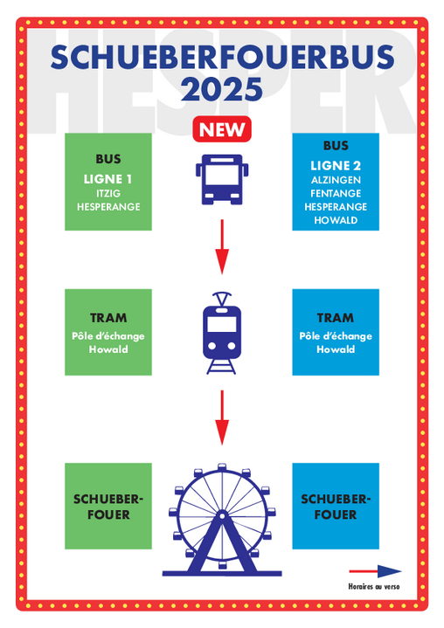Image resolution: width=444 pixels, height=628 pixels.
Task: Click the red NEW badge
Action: tap(222, 129)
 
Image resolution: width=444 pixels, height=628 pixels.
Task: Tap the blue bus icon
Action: tap(222, 179)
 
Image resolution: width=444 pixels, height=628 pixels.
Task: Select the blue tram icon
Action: tap(222, 334)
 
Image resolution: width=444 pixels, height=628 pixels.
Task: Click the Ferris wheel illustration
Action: tap(222, 520)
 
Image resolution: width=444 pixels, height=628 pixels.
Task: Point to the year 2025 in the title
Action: tap(222, 89)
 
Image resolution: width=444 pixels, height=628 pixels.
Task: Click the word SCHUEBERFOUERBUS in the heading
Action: tap(222, 58)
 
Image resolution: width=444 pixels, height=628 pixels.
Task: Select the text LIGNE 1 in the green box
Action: tap(108, 179)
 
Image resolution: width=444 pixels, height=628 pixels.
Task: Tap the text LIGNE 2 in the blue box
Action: tap(336, 166)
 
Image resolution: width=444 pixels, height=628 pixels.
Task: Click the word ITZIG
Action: tap(108, 193)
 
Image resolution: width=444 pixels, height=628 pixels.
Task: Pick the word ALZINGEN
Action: tap(336, 180)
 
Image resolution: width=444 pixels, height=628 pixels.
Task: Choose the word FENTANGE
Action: tap(336, 193)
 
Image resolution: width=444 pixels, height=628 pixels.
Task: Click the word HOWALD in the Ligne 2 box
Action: tap(336, 220)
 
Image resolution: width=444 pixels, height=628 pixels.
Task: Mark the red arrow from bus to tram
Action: tap(222, 246)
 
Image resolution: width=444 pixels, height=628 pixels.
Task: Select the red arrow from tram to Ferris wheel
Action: tap(222, 418)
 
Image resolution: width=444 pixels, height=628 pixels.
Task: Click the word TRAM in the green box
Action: tap(108, 318)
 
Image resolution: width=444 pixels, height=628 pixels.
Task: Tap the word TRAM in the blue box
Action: tap(336, 318)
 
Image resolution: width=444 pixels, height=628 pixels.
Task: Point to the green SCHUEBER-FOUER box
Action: tap(108, 507)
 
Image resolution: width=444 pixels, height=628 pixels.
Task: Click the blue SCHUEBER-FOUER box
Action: tap(336, 507)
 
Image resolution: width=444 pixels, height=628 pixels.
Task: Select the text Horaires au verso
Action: tap(374, 587)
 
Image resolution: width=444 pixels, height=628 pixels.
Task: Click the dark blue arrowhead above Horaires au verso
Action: tap(389, 571)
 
